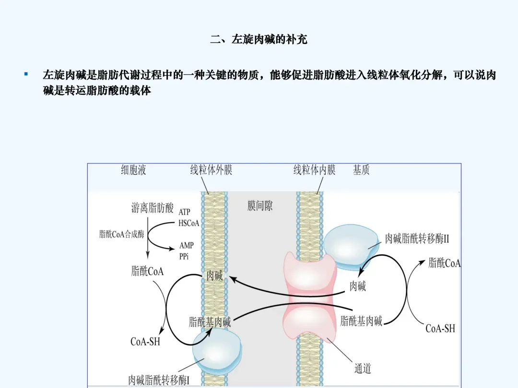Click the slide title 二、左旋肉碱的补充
click(x=259, y=40)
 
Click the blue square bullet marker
click(x=26, y=75)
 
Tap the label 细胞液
click(x=133, y=170)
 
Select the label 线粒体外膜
click(x=211, y=170)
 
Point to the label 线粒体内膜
click(x=314, y=170)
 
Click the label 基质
click(x=361, y=170)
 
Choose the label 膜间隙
click(x=260, y=206)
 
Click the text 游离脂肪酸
click(x=152, y=208)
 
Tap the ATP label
click(x=184, y=212)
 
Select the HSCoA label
click(x=188, y=223)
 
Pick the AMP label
click(x=187, y=245)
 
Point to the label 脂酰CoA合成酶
click(x=121, y=234)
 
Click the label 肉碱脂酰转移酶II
click(x=417, y=239)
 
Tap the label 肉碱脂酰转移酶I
click(x=159, y=380)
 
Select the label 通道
click(x=363, y=368)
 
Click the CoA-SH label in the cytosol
click(x=145, y=342)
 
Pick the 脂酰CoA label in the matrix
click(x=444, y=263)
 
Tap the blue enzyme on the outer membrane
click(x=217, y=352)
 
